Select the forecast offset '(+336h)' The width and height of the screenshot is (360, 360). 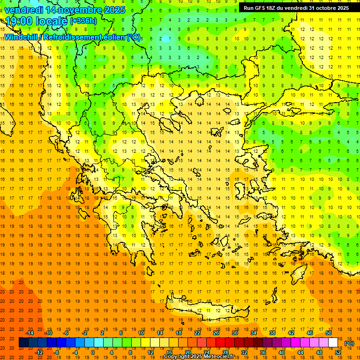[x=83, y=21]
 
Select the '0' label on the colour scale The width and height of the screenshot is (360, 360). [x=93, y=352]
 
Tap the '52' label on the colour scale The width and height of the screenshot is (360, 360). [x=338, y=352]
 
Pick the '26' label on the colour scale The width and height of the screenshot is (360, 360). [x=216, y=333]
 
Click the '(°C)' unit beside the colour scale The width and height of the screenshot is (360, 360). [x=349, y=343]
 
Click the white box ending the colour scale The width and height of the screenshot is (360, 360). [x=333, y=343]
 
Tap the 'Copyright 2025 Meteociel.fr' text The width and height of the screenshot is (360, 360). [x=199, y=357]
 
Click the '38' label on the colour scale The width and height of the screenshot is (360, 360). [x=272, y=333]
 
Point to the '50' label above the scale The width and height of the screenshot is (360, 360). [x=329, y=333]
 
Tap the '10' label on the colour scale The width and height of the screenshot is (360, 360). [x=141, y=333]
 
